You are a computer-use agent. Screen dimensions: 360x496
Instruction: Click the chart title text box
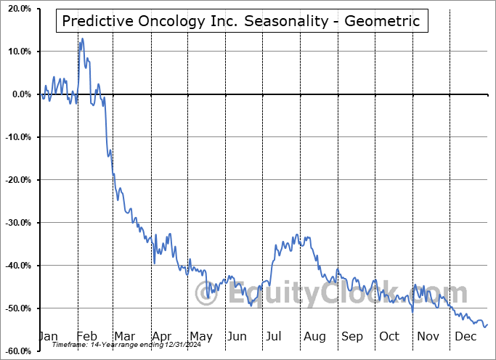click(x=241, y=21)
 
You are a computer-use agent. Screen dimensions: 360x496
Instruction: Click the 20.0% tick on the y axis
click(x=17, y=9)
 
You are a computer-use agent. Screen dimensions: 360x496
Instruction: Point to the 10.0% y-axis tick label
click(x=17, y=52)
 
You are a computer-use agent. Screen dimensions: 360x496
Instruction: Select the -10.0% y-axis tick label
click(x=15, y=137)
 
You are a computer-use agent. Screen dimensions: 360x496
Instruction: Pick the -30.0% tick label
click(x=15, y=223)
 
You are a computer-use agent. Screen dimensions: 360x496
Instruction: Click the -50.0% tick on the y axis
click(x=15, y=308)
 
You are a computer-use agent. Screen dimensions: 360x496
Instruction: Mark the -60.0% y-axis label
click(x=15, y=351)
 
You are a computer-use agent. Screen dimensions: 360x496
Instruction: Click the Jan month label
click(x=48, y=336)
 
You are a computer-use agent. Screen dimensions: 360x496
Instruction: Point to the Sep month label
click(x=352, y=336)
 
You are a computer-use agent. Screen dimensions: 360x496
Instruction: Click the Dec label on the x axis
click(x=465, y=336)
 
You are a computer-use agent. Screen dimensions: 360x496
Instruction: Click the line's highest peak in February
click(x=82, y=38)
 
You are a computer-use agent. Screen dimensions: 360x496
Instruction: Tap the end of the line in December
click(x=487, y=324)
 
